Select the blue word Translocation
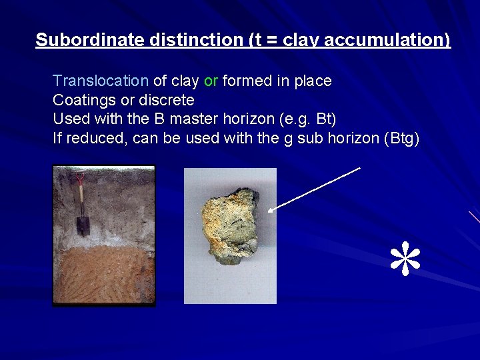coord(101,81)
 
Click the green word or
coord(211,81)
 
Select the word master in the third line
coord(208,120)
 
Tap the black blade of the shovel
coord(83,225)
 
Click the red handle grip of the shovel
coord(80,176)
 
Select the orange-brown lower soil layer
coord(103,273)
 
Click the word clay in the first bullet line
coord(185,81)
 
